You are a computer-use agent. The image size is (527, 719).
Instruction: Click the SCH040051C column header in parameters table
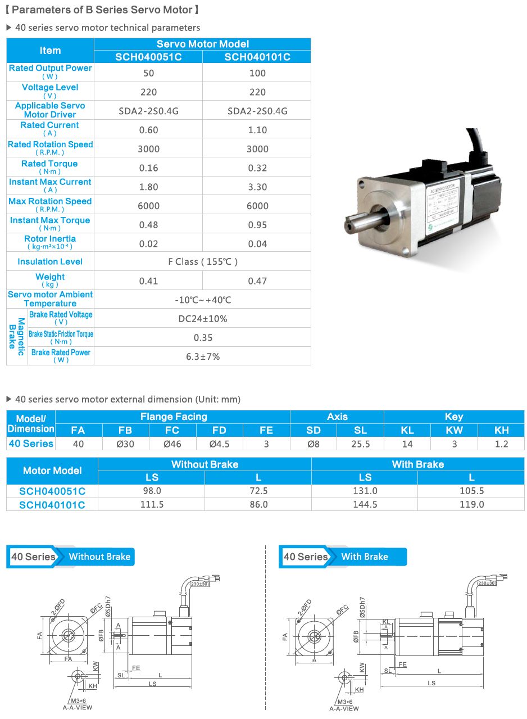(x=148, y=57)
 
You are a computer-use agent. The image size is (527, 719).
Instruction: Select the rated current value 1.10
(x=257, y=130)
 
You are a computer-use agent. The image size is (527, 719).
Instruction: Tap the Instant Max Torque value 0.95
(x=257, y=225)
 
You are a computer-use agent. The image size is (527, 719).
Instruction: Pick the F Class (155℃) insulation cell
(x=203, y=261)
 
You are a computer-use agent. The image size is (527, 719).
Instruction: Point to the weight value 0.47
(x=257, y=281)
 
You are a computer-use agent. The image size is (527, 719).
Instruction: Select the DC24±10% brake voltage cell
(x=203, y=319)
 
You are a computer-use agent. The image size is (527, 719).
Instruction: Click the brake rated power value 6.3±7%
(x=203, y=356)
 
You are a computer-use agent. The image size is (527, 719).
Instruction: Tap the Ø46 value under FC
(x=172, y=444)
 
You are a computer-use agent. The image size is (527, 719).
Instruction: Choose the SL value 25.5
(x=360, y=444)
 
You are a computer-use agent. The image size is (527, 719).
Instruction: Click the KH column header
(x=501, y=430)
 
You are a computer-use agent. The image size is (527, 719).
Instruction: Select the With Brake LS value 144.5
(x=365, y=504)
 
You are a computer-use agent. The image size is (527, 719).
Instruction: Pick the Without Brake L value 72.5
(x=258, y=491)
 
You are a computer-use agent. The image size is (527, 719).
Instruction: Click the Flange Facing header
(x=173, y=417)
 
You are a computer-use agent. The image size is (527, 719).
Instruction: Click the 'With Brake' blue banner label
(x=365, y=557)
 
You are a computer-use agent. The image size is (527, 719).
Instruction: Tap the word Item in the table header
(x=50, y=51)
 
